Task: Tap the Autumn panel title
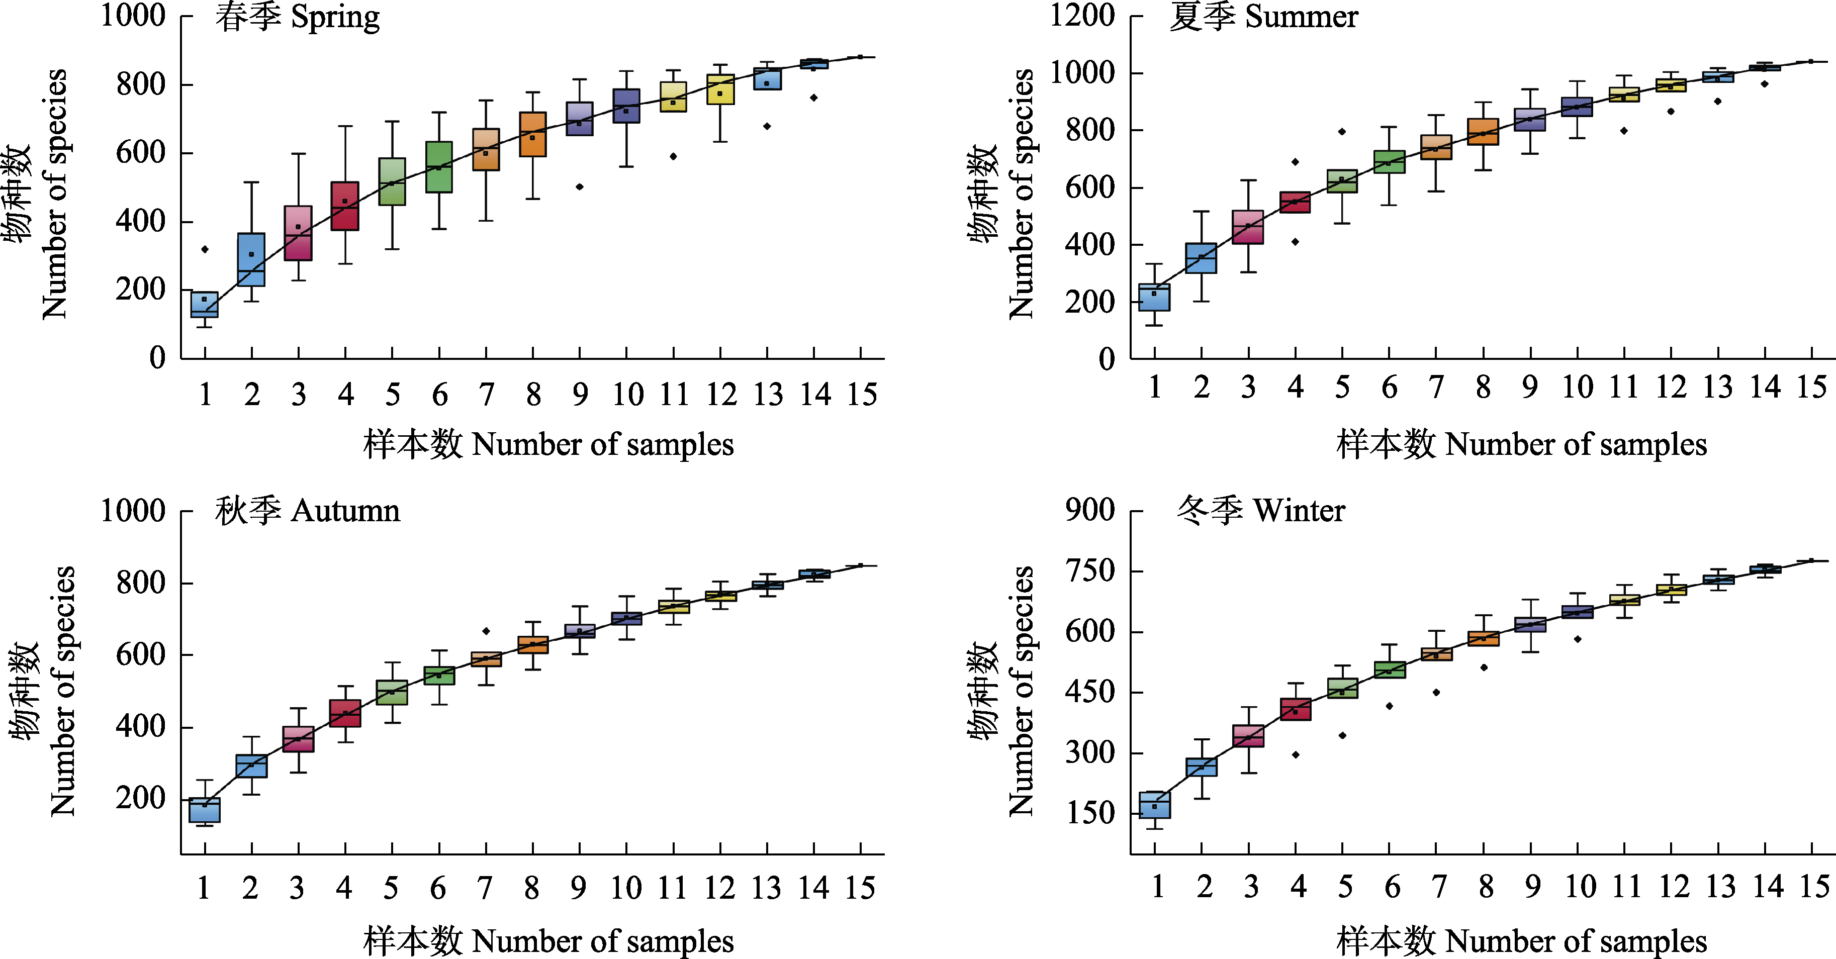[307, 511]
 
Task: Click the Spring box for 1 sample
[205, 304]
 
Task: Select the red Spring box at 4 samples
[345, 206]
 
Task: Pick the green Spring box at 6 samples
[439, 167]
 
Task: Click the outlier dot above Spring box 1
[205, 249]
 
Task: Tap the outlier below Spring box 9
[580, 186]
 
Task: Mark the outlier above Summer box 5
[1342, 131]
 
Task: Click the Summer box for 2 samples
[1201, 258]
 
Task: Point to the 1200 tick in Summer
[1082, 16]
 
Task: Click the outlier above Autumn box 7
[486, 631]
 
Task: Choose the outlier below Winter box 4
[1296, 754]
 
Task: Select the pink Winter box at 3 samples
[1249, 736]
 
